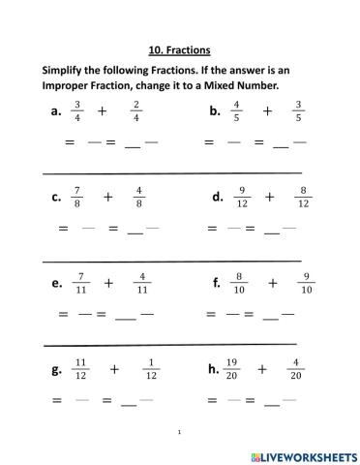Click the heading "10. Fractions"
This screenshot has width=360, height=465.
(180, 48)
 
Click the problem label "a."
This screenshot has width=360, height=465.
(56, 111)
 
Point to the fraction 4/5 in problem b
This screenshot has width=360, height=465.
(236, 111)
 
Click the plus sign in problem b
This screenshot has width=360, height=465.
(267, 111)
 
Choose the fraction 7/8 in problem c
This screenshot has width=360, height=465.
(78, 197)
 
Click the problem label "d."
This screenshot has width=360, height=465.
(218, 198)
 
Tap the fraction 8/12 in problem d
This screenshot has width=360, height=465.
(303, 197)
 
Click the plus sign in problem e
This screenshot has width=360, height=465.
(109, 284)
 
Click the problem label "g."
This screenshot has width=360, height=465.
(56, 371)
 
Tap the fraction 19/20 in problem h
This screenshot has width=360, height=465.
(232, 369)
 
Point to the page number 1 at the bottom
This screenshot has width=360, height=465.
(180, 431)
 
